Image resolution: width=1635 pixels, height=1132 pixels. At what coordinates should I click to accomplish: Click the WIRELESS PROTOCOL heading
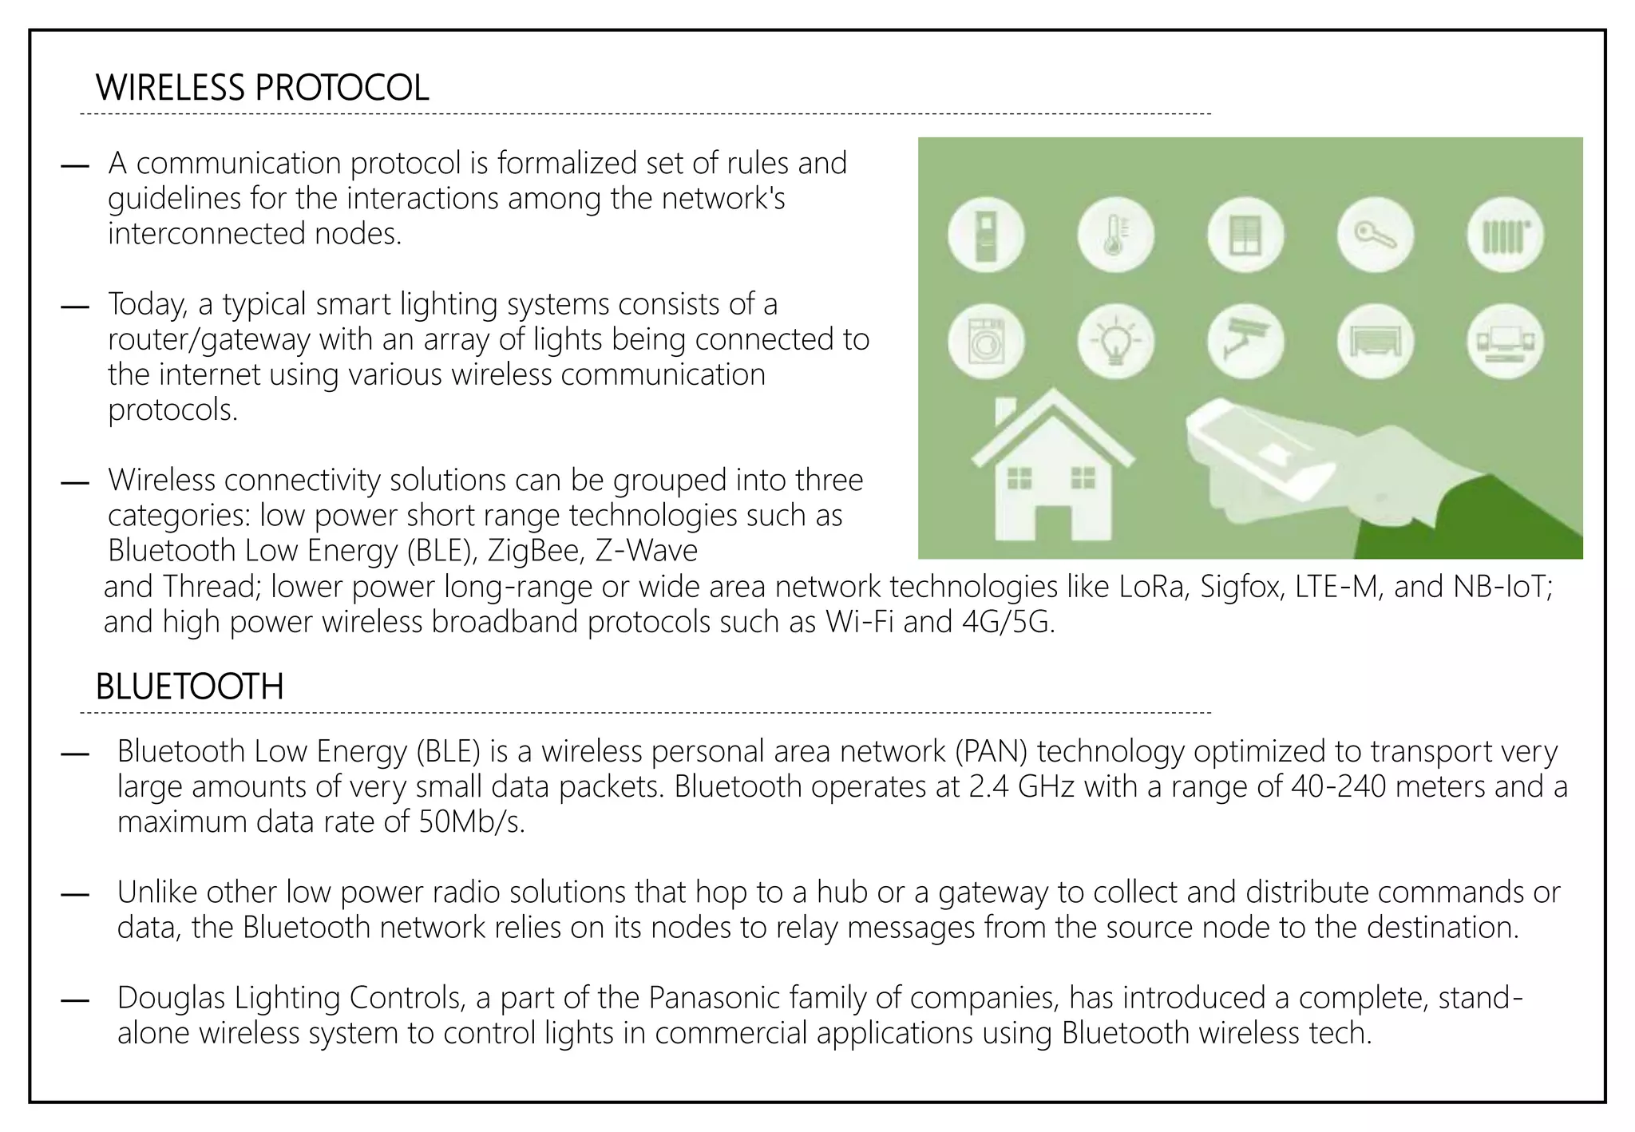click(262, 88)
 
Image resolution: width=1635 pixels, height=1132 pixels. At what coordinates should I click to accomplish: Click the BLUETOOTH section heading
click(189, 687)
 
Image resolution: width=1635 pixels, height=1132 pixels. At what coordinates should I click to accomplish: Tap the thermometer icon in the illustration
click(1115, 236)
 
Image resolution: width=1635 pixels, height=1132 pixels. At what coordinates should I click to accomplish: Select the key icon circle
click(1375, 236)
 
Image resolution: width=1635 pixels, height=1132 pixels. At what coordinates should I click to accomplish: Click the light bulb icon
click(1115, 342)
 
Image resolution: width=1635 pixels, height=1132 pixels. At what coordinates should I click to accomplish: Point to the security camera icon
click(1245, 342)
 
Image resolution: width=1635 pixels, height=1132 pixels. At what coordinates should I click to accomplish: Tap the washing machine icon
click(986, 342)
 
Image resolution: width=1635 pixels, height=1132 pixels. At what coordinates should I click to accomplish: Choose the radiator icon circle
click(1505, 236)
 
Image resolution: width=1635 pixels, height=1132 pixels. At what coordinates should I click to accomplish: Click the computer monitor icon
click(1505, 342)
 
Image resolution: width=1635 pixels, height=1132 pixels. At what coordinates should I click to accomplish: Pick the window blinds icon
click(1245, 236)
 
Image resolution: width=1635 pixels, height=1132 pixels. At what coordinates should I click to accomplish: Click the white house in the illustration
click(1051, 471)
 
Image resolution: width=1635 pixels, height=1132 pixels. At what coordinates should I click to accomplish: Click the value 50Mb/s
click(471, 821)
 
